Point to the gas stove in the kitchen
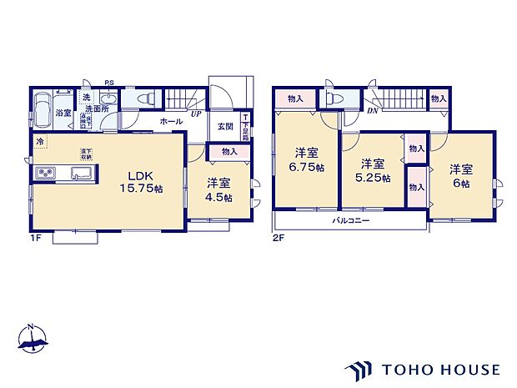click(x=45, y=173)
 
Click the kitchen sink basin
click(x=82, y=173)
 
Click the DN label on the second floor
click(x=373, y=112)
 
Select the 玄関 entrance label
click(x=225, y=126)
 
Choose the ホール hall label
click(x=171, y=122)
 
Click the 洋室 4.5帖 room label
click(x=219, y=190)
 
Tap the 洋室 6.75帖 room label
click(x=307, y=159)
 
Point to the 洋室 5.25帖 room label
click(x=373, y=170)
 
